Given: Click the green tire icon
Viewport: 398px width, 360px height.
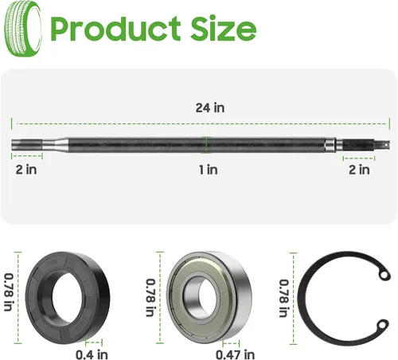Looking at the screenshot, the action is coord(23,29).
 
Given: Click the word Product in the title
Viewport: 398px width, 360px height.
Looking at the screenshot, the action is coord(115,29).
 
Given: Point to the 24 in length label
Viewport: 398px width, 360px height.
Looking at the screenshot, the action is coord(210,108).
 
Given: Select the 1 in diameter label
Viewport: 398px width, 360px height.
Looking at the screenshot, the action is coord(209,170).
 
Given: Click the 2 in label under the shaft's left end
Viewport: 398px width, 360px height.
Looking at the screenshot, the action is coord(26,170).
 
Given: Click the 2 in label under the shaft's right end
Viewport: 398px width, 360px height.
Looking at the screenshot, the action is coord(359,170).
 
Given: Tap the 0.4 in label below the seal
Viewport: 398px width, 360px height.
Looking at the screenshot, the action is coord(92,354).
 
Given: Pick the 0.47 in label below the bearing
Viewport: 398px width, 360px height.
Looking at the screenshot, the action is coord(235,354).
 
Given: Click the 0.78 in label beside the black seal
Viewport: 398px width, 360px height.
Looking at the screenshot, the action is coord(9,292).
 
